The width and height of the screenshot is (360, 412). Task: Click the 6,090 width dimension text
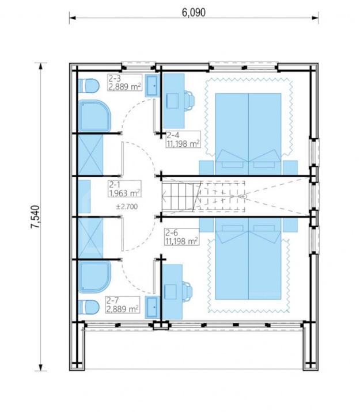coord(194,12)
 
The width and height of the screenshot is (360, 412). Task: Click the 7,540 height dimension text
coord(36,217)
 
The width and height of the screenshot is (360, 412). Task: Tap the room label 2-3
coord(115,78)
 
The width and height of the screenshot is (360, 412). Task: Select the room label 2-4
coord(173,135)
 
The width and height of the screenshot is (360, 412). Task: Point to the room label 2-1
coord(115,185)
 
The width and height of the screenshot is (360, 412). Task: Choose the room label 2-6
coord(172,232)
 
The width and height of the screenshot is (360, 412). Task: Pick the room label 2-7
coord(113,300)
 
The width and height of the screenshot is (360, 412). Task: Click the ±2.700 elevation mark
coord(127,207)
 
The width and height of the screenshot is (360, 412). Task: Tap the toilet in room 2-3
coord(89,86)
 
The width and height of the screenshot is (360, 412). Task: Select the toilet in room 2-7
coord(89,307)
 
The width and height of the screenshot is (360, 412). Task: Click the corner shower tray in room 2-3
coord(94,116)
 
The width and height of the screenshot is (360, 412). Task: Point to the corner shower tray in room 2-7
coord(94,277)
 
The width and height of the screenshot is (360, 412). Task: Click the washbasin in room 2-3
coord(152,86)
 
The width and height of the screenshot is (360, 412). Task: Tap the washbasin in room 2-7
coord(152,307)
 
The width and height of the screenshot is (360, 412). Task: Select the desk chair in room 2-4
coord(190,101)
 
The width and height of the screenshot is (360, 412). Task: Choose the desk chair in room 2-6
coord(187,292)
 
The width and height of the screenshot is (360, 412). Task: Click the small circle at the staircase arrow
coord(245,196)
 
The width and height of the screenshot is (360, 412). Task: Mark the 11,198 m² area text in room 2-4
coord(183,143)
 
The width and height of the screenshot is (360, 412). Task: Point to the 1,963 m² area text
coord(124,193)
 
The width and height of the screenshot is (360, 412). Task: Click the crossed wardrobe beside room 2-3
coord(90,155)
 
